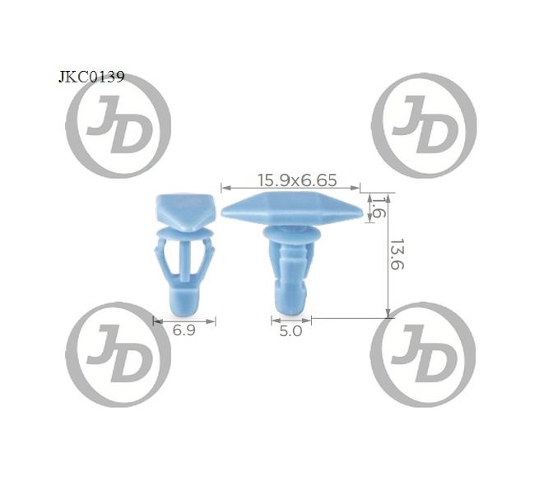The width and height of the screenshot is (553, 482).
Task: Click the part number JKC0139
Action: click(91, 77)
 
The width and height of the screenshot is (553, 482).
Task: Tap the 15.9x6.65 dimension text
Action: click(297, 180)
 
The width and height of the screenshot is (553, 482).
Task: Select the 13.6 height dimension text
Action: click(397, 255)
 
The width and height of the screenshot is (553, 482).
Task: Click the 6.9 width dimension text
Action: click(184, 330)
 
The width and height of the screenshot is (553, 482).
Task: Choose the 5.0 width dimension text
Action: click(290, 331)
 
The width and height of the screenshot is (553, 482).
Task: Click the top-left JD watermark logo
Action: click(118, 125)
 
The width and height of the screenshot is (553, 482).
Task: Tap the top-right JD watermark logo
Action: click(424, 125)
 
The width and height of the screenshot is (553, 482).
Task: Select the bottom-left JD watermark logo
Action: click(118, 354)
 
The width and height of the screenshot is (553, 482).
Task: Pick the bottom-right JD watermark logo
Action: click(423, 354)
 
